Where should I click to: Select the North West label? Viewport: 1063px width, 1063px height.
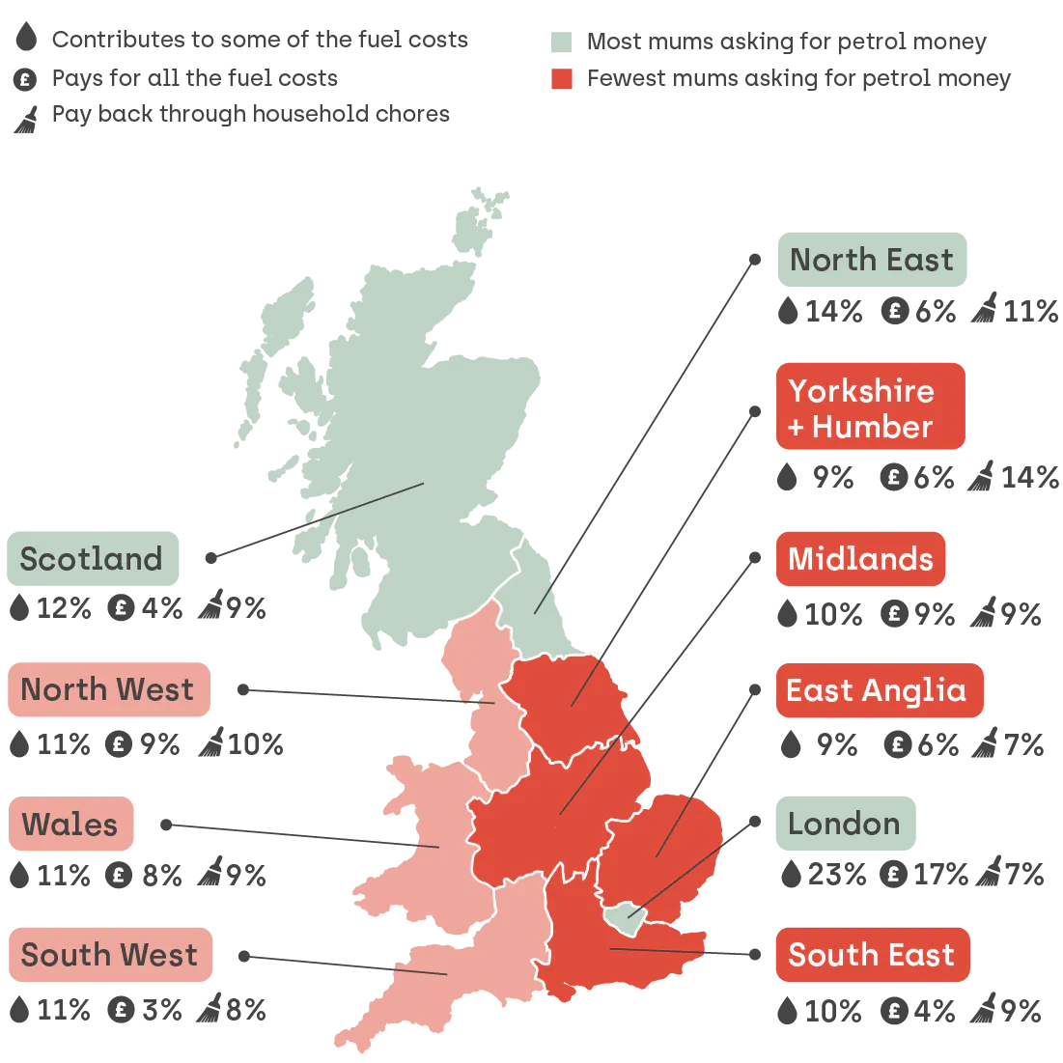[x=108, y=689]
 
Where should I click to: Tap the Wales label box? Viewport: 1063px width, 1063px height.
[x=70, y=825]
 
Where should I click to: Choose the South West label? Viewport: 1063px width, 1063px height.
[x=110, y=955]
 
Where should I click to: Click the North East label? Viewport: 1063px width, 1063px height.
[x=871, y=261]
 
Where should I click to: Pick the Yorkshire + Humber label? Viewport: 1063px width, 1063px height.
[x=869, y=407]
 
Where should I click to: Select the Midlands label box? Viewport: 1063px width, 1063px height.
[x=859, y=559]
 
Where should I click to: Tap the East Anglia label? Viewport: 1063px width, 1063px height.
[x=877, y=690]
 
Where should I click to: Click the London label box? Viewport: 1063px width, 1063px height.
[x=844, y=824]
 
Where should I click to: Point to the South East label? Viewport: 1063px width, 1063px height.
[x=871, y=955]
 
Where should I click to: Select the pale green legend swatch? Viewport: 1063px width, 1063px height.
[x=561, y=42]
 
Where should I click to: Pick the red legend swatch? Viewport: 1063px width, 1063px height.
[x=561, y=79]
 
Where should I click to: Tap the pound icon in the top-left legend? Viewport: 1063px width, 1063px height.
[x=26, y=80]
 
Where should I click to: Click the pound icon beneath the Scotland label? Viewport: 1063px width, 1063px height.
[x=121, y=609]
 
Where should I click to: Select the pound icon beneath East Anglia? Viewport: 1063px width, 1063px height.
[x=898, y=744]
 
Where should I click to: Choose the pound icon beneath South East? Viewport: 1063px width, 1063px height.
[x=894, y=1011]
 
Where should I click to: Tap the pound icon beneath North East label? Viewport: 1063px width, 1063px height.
[x=895, y=311]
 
